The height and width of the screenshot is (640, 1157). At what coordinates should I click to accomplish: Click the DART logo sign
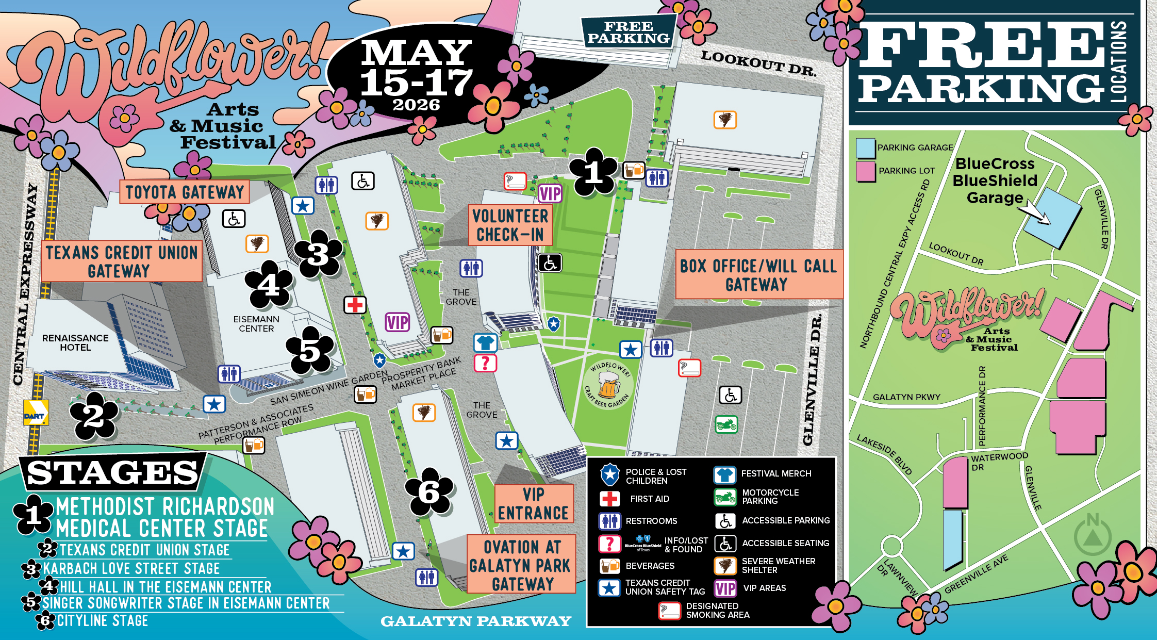point(36,413)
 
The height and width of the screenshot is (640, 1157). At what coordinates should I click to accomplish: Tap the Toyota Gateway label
point(185,192)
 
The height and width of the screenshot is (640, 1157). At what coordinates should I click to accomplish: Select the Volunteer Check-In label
point(510,225)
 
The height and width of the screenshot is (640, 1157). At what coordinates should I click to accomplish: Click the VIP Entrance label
point(534,504)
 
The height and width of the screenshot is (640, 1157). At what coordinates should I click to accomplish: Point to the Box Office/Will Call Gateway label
point(758,275)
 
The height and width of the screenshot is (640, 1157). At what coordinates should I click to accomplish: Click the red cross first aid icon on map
point(355,305)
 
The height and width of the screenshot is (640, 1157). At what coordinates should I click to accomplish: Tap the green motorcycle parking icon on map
point(726,425)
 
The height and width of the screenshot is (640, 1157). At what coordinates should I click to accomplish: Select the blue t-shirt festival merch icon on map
point(485,342)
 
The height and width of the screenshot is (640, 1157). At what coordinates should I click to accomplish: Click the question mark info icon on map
point(485,363)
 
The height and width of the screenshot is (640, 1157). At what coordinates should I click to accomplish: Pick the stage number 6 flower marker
point(430,492)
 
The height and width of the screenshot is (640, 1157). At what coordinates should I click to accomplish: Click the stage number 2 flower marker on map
point(94,416)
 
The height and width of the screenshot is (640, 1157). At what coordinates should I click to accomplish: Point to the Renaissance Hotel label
point(75,342)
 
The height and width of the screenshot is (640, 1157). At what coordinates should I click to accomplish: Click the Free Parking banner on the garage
point(628,32)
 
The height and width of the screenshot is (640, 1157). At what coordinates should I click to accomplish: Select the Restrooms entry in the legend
point(651,521)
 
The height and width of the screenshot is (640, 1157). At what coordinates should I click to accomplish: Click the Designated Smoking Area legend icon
point(670,611)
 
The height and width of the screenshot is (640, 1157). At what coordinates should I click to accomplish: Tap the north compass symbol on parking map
point(1092,535)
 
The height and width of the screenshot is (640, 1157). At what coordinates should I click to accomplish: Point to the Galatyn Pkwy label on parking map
point(906,397)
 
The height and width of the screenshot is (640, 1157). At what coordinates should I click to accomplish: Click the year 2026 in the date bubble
point(416,105)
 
